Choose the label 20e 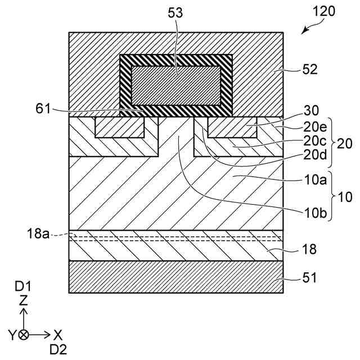[x=315, y=128]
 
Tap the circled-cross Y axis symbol [x=23, y=335]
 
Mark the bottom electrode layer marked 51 [x=175, y=277]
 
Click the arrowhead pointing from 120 [x=304, y=33]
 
